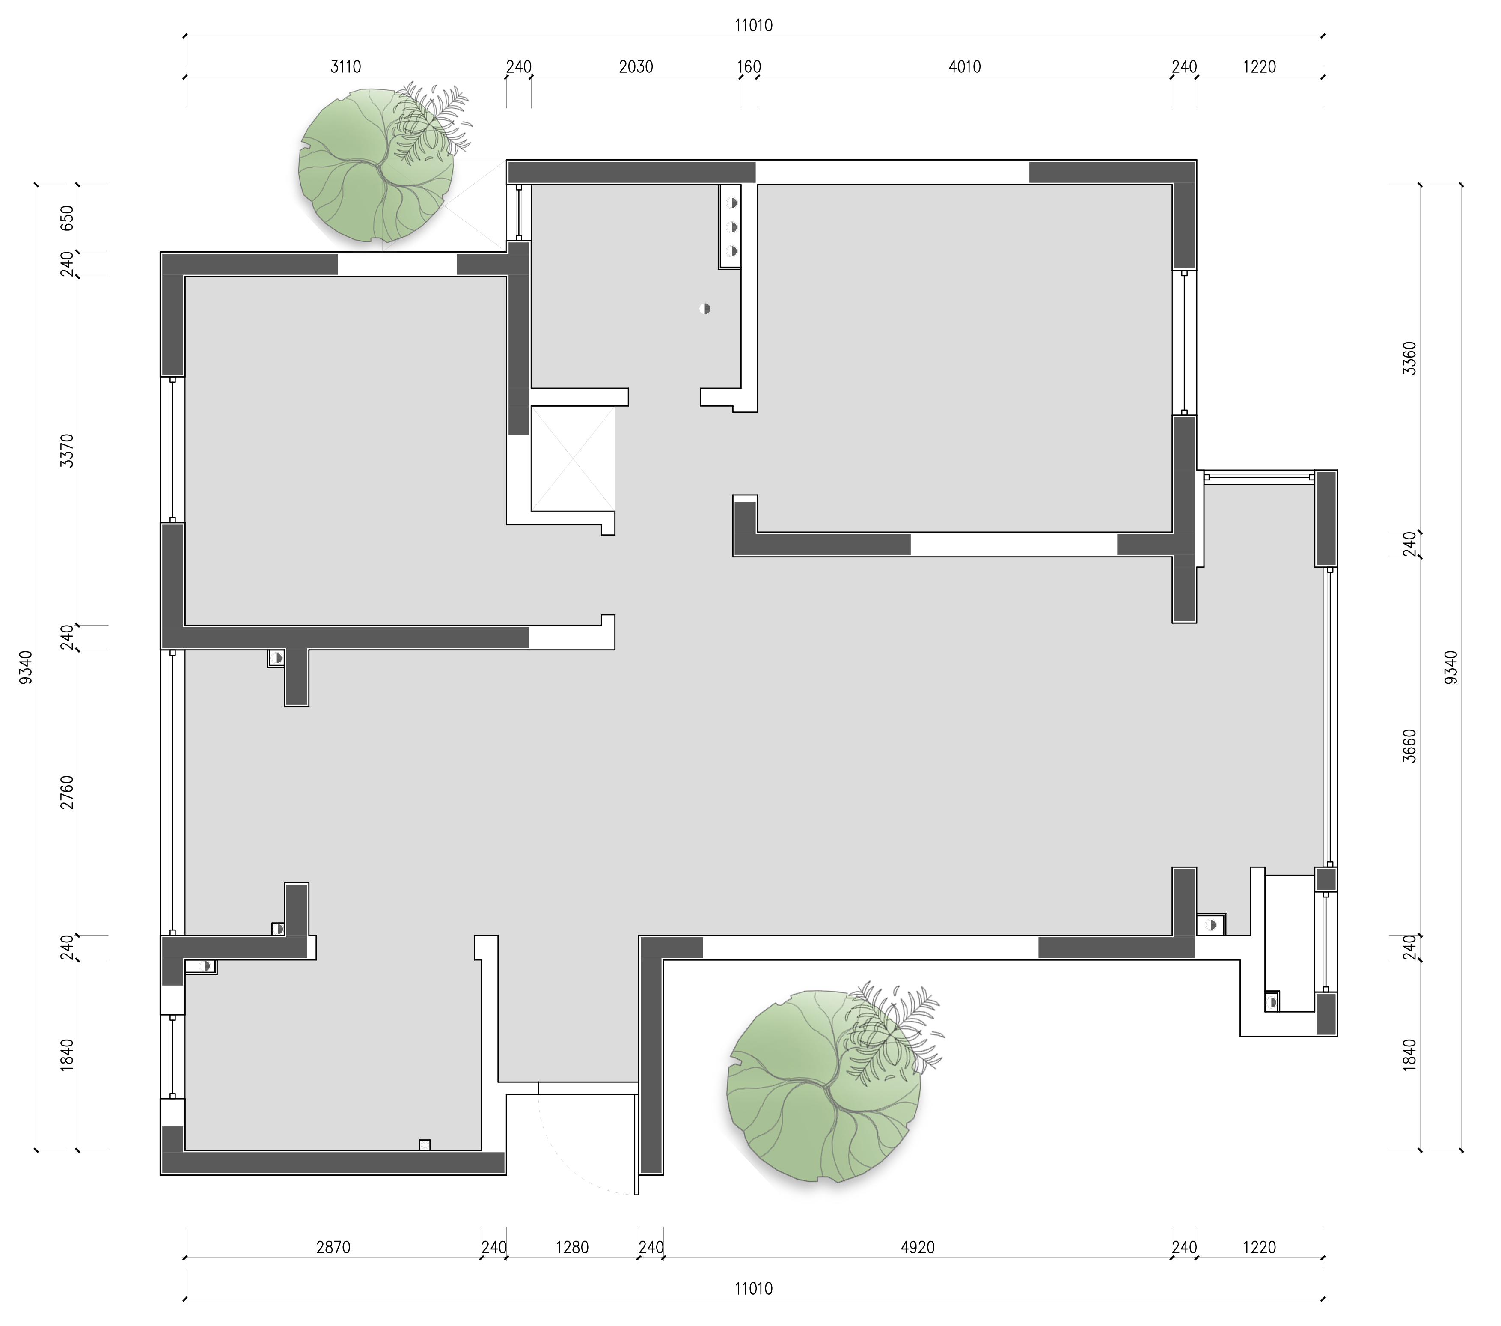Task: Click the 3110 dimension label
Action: (345, 67)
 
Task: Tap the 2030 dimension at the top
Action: (636, 67)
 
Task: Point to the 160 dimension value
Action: (749, 67)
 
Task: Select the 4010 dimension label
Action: (965, 67)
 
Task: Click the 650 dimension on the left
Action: (67, 218)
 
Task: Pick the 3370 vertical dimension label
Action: (67, 450)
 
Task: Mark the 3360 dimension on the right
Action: (1409, 358)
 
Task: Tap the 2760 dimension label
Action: (67, 792)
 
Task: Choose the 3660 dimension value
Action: (1409, 746)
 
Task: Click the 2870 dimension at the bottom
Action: (333, 1247)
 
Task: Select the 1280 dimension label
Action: (572, 1247)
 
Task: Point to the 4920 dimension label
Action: (918, 1247)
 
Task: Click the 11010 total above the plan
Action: (753, 26)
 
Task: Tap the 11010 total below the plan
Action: (753, 1288)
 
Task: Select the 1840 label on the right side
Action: (1409, 1055)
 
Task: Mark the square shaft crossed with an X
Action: (573, 459)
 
